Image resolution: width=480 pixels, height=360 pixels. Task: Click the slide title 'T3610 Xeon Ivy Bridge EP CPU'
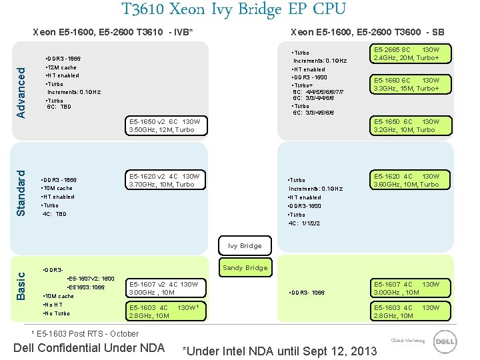[234, 9]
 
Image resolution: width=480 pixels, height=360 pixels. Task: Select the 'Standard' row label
[21, 193]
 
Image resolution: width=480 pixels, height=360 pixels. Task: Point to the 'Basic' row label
[21, 284]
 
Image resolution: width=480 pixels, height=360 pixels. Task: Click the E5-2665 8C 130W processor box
[407, 53]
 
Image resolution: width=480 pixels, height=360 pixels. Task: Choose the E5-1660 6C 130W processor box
[407, 84]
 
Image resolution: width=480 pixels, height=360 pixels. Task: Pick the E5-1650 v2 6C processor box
[165, 125]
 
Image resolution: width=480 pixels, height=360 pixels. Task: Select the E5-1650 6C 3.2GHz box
[407, 125]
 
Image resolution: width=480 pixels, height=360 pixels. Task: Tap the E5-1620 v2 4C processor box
[165, 180]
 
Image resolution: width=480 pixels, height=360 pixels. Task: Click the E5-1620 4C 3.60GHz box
[407, 180]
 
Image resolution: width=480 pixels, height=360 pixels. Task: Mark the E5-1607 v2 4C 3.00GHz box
[165, 288]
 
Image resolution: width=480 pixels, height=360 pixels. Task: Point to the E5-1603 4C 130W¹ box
[165, 311]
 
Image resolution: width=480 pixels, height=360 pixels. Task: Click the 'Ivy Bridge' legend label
[245, 246]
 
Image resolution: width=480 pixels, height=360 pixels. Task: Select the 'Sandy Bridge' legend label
[245, 268]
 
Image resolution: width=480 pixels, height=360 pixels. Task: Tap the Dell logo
[445, 342]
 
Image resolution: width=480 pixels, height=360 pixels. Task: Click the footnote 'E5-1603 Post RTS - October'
[86, 334]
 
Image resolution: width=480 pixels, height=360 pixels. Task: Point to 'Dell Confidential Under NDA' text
[89, 347]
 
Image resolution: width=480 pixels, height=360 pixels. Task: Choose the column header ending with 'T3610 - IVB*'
[113, 32]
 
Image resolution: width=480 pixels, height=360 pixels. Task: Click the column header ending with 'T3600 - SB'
[367, 32]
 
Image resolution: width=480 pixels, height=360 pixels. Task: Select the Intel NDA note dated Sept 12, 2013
[279, 351]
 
